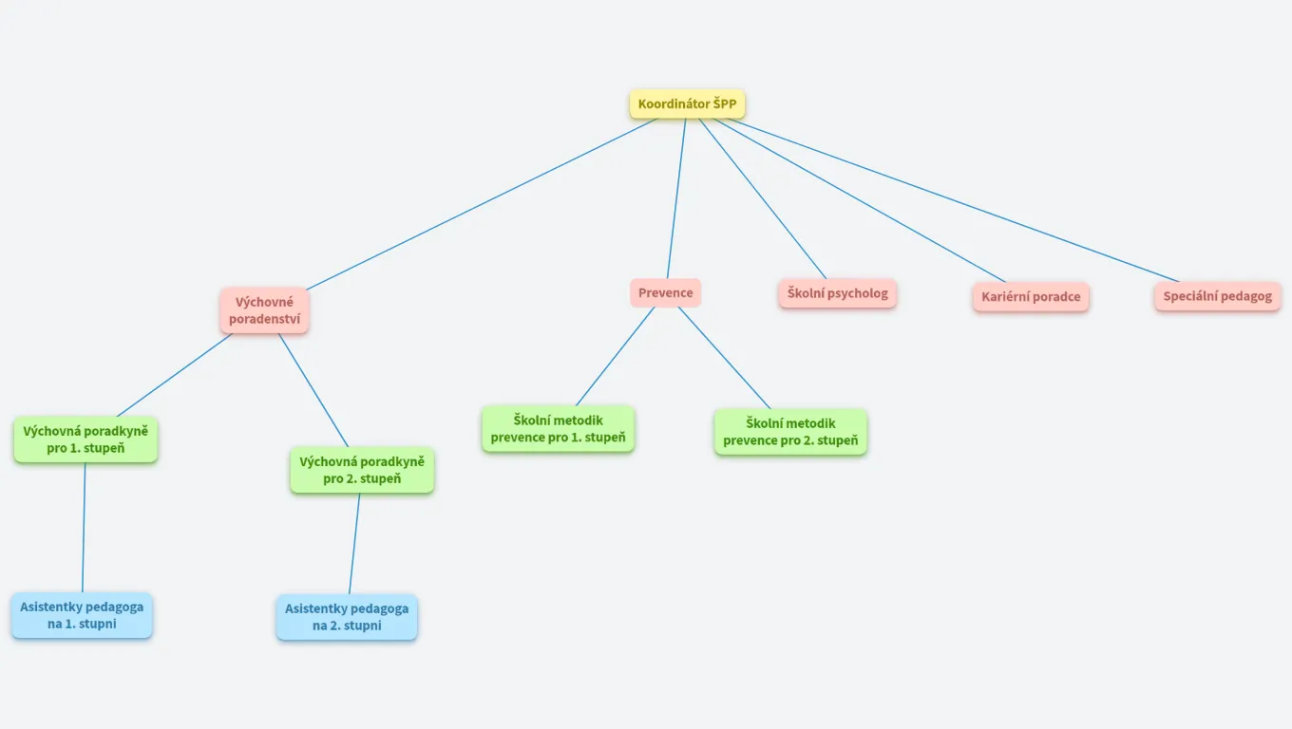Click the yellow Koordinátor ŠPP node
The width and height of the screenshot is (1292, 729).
pos(687,103)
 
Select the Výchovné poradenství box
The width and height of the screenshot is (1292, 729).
pos(264,310)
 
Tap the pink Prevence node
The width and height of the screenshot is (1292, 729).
pos(665,292)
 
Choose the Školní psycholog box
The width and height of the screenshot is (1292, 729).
pos(837,293)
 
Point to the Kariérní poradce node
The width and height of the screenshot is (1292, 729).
pos(1031,296)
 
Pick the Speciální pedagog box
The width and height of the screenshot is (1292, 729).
pos(1217,296)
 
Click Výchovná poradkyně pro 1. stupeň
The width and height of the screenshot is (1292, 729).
pos(85,439)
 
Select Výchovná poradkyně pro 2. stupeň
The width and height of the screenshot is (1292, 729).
pos(362,470)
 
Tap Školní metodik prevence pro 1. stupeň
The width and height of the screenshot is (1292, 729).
pos(558,429)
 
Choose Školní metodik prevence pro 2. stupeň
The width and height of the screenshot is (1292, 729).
pos(790,432)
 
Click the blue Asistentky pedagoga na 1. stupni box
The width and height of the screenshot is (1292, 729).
pos(82,615)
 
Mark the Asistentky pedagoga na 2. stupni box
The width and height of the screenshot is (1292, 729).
pos(347,617)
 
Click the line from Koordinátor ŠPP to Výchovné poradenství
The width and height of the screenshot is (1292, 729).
pos(480,204)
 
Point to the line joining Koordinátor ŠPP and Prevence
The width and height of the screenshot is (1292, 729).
pos(676,197)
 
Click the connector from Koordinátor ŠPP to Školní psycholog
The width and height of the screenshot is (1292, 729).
pos(763,197)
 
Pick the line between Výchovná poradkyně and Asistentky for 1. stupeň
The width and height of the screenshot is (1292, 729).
pos(84,528)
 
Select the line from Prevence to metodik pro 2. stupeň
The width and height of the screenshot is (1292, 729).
pos(724,357)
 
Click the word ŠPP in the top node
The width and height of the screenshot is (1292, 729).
pos(725,103)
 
